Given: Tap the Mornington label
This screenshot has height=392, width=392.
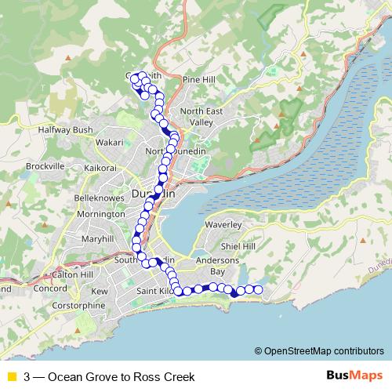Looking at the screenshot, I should click(100, 214).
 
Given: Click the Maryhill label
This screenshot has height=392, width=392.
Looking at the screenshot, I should click(97, 238).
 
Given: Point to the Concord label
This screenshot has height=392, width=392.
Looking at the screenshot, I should click(51, 289).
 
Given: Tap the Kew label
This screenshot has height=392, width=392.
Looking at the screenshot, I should click(100, 291).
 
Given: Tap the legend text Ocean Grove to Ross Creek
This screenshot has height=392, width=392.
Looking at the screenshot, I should click(109, 376).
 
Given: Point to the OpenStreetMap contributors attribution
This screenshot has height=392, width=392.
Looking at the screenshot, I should click(319, 350).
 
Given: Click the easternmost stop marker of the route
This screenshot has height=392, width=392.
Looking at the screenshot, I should click(259, 289).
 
